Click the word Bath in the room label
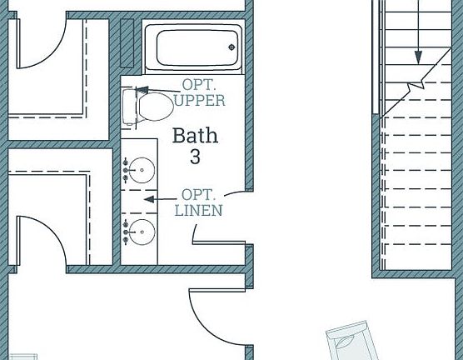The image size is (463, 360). point(196,136)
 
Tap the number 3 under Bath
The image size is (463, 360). point(196,156)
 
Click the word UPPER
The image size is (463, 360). point(199,101)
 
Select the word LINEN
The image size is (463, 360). point(199,211)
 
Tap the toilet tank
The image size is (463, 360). point(128,106)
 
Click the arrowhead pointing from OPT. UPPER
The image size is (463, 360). point(140,89)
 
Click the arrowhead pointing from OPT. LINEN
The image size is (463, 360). point(148,199)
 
